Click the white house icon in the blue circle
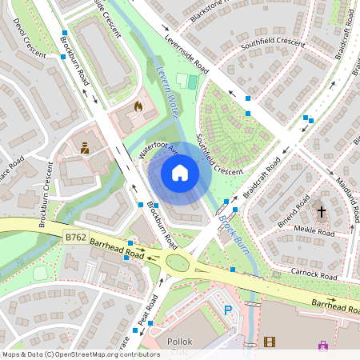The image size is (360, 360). click(180, 173)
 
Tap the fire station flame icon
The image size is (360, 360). click(138, 106)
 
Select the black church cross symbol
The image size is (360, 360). click(322, 212)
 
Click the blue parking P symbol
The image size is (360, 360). click(228, 310)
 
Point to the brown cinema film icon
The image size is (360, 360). click(269, 342)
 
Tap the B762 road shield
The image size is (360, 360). click(74, 236)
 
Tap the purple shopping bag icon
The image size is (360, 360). click(323, 346)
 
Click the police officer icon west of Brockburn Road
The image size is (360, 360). click(85, 147)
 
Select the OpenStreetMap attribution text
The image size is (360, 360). click(80, 354)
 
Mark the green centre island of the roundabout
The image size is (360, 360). click(178, 262)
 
